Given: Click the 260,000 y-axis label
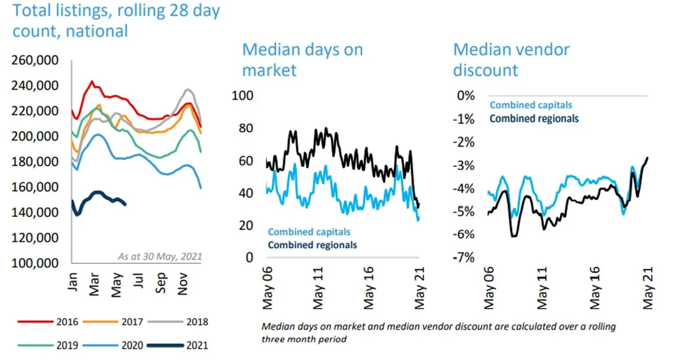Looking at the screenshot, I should [x=36, y=60].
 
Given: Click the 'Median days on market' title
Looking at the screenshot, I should [x=302, y=59].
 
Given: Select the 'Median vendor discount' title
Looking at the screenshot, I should [x=511, y=59].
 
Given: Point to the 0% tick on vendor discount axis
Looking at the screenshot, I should [x=465, y=96].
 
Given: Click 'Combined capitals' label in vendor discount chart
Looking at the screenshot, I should [x=530, y=105].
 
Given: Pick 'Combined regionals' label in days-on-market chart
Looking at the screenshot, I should [x=313, y=245].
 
